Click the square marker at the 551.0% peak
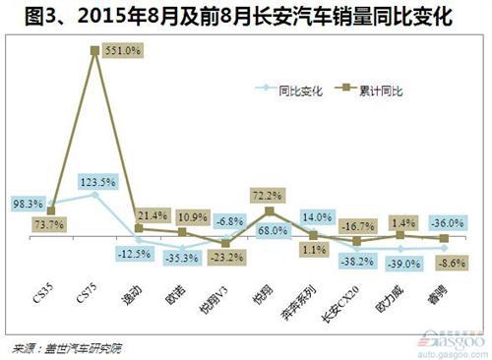pyautogui.click(x=95, y=48)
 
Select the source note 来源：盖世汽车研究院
pyautogui.click(x=69, y=347)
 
